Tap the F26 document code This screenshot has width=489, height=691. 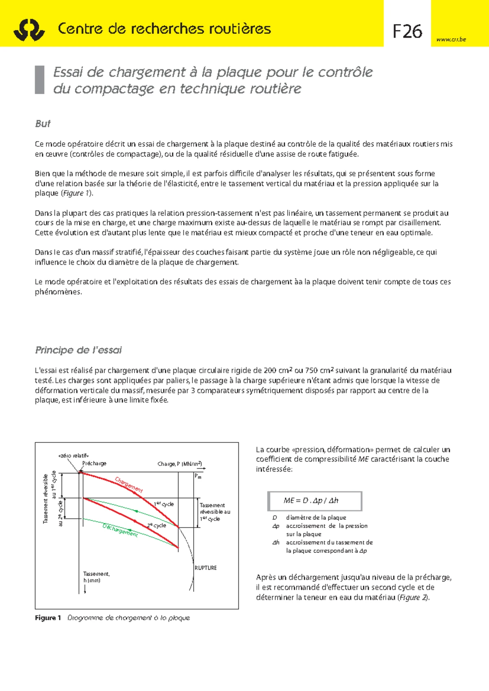[x=407, y=31]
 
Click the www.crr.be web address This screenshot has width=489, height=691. [x=451, y=40]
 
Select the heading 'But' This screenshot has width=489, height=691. [x=43, y=123]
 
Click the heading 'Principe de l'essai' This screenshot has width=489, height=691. [x=78, y=350]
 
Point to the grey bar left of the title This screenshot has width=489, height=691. [x=40, y=80]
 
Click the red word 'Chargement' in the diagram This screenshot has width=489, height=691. [x=129, y=484]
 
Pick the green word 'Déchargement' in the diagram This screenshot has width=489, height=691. [x=120, y=530]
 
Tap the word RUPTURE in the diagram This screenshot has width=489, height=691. [x=206, y=568]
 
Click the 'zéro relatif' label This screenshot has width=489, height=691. [x=73, y=456]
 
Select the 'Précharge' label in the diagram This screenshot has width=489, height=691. [x=94, y=463]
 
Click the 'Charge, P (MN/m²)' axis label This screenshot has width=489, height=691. [x=179, y=464]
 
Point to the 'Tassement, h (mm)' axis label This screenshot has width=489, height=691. [x=96, y=577]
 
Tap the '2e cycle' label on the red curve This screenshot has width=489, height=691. [x=157, y=525]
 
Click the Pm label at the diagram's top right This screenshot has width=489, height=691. [x=198, y=476]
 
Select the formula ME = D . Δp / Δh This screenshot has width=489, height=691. [x=311, y=501]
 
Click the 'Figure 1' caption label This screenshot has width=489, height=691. [x=48, y=618]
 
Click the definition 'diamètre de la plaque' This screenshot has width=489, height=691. [x=316, y=517]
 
